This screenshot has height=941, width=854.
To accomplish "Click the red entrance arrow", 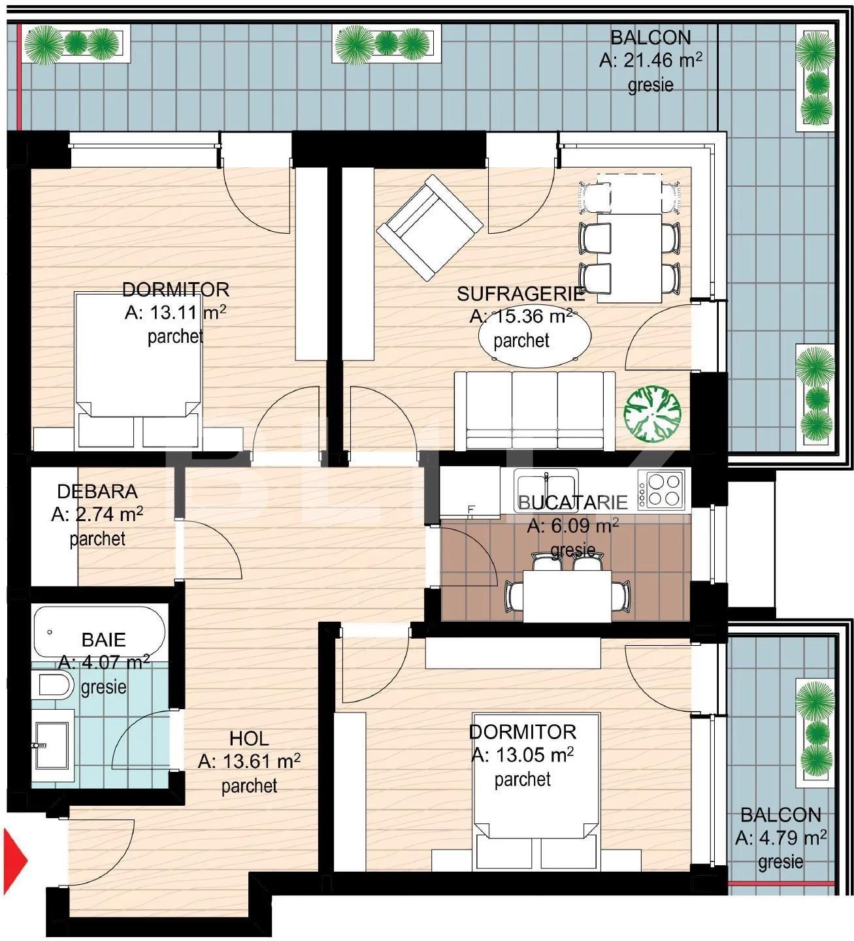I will [15, 860].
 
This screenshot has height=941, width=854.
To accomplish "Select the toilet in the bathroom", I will [56, 686].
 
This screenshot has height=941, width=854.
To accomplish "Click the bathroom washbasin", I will [52, 744].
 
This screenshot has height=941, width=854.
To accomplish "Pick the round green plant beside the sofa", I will [652, 412].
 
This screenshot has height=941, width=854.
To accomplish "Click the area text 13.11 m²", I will [175, 313].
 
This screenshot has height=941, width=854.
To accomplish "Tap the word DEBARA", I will [97, 491].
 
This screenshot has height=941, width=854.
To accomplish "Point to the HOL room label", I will [249, 739].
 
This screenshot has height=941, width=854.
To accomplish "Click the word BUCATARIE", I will [572, 502].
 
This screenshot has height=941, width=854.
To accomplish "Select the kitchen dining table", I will [567, 595].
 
